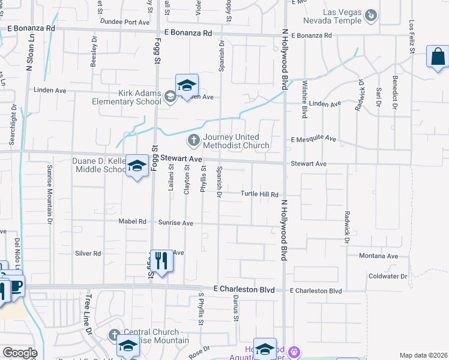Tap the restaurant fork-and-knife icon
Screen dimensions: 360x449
pyautogui.click(x=161, y=260)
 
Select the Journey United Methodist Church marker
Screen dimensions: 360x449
pyautogui.click(x=193, y=141)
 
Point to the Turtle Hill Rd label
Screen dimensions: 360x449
pyautogui.click(x=260, y=194)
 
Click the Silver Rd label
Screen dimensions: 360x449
pyautogui.click(x=88, y=254)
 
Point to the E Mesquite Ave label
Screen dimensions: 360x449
pyautogui.click(x=313, y=139)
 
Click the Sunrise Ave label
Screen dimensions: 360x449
pyautogui.click(x=176, y=223)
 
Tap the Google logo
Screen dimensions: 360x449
pyautogui.click(x=20, y=353)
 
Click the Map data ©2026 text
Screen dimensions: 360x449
pyautogui.click(x=423, y=355)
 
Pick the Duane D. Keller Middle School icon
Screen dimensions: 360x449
pyautogui.click(x=137, y=167)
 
